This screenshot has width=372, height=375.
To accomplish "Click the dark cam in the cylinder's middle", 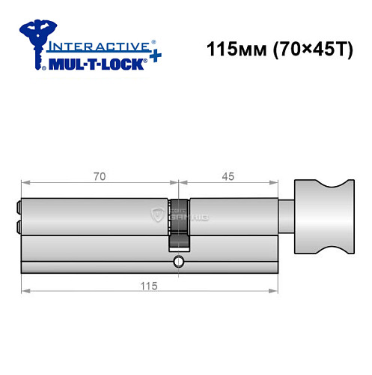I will click(x=179, y=224).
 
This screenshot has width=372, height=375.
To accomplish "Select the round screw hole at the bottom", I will click(x=177, y=262).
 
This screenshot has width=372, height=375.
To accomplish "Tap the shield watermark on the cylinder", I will click(x=157, y=216).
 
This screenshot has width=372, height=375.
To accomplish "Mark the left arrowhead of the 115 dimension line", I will click(x=24, y=292).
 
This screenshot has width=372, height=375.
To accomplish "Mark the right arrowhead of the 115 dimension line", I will click(x=275, y=292).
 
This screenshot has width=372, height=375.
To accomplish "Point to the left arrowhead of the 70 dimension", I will click(x=24, y=182).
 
